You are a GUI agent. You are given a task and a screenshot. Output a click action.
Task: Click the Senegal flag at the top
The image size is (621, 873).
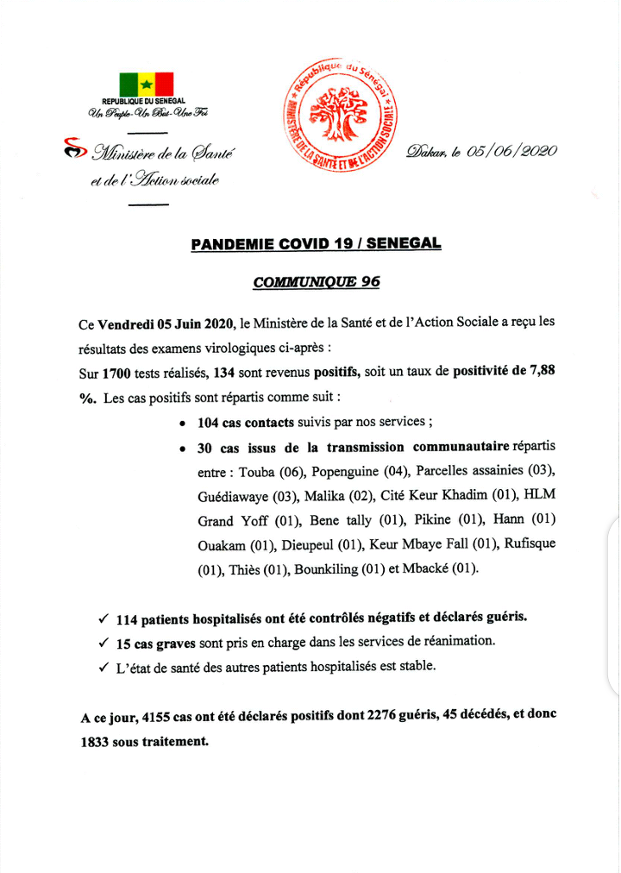tap(146, 84)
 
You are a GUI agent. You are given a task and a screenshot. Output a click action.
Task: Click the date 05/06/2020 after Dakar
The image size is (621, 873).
tap(511, 151)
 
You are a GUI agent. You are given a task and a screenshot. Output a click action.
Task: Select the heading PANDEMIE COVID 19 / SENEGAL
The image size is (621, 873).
tap(315, 244)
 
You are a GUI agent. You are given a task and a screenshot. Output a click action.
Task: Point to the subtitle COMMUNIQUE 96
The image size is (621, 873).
tap(316, 281)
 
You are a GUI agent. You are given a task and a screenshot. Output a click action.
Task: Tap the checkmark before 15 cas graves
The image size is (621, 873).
tap(103, 643)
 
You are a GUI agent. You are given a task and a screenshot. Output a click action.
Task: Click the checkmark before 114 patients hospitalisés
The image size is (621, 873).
tap(103, 619)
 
